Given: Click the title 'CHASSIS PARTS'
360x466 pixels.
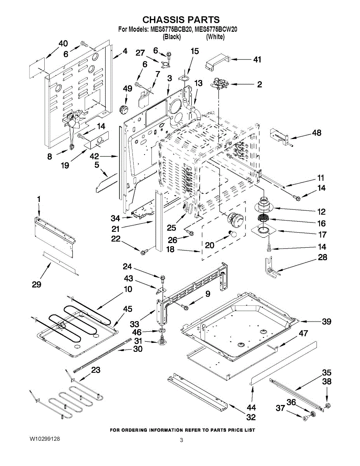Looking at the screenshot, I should point(181,19).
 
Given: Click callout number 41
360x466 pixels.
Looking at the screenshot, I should point(257,60).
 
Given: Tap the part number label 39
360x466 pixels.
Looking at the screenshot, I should point(327,321).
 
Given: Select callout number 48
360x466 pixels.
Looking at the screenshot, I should point(317,133).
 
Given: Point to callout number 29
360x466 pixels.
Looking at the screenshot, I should point(37,285).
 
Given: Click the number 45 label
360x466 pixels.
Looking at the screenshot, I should point(127,309).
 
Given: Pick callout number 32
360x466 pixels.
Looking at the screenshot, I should point(251,417).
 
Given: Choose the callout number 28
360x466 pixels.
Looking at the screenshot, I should point(322,257).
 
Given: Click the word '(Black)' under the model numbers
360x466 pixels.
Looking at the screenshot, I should point(172,37).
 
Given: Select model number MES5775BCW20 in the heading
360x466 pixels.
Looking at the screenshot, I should point(216,29).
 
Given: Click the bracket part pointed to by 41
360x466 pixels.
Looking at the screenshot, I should point(216,62).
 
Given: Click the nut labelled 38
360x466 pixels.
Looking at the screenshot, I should point(327,406).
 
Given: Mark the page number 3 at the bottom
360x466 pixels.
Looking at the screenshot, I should point(181,440).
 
